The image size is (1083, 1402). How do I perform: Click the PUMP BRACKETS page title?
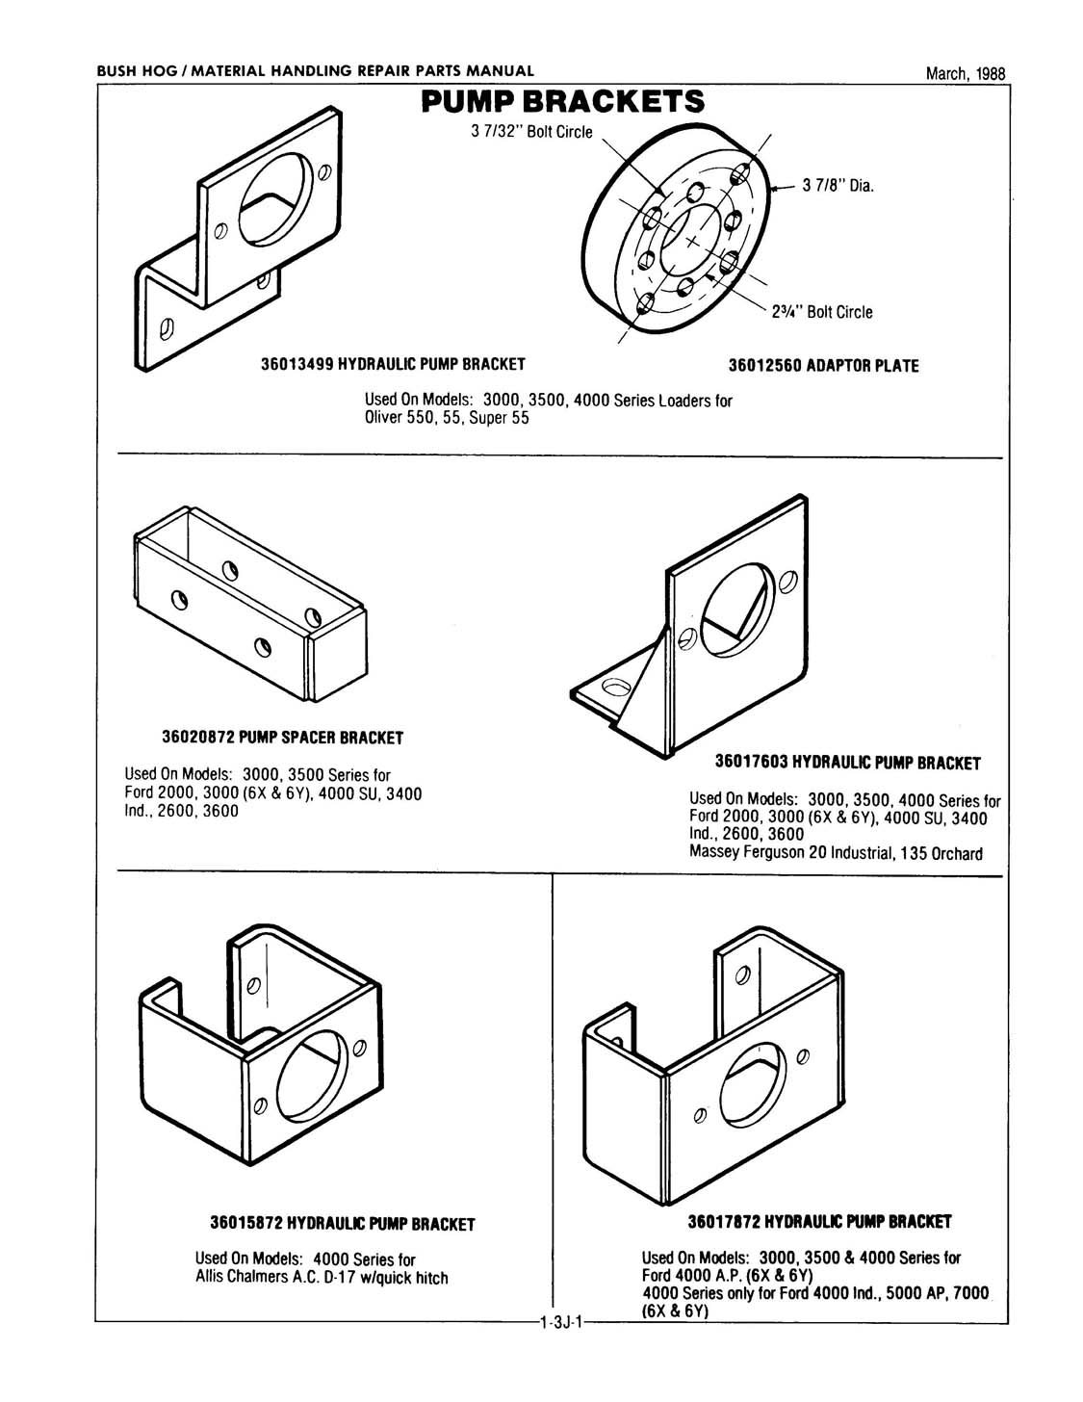pos(562,102)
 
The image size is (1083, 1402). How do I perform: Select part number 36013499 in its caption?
pos(301,365)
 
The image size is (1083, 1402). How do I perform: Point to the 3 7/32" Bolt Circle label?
pos(531,131)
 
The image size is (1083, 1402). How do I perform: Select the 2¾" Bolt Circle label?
pos(822,312)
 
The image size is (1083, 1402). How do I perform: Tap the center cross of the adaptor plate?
pos(692,242)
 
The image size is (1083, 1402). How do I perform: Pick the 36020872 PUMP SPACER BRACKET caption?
pos(282,738)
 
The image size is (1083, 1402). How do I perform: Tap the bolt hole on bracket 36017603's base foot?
pos(613,688)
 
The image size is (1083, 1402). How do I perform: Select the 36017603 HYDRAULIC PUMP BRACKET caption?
pos(847,764)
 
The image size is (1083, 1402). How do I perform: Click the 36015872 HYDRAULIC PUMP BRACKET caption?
pos(343,1225)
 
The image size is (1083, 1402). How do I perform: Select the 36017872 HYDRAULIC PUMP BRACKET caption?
pos(819,1222)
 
